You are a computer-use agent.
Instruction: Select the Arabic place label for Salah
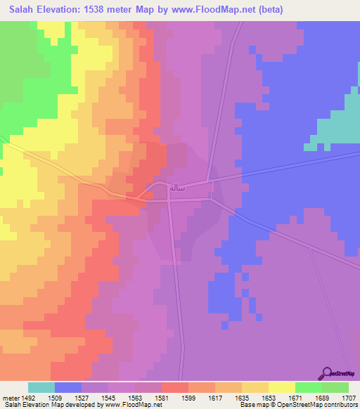pos(176,187)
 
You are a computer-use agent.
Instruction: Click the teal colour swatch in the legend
pos(41,387)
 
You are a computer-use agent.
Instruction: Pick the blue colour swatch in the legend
pos(68,387)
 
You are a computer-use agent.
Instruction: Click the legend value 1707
pos(348,397)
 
